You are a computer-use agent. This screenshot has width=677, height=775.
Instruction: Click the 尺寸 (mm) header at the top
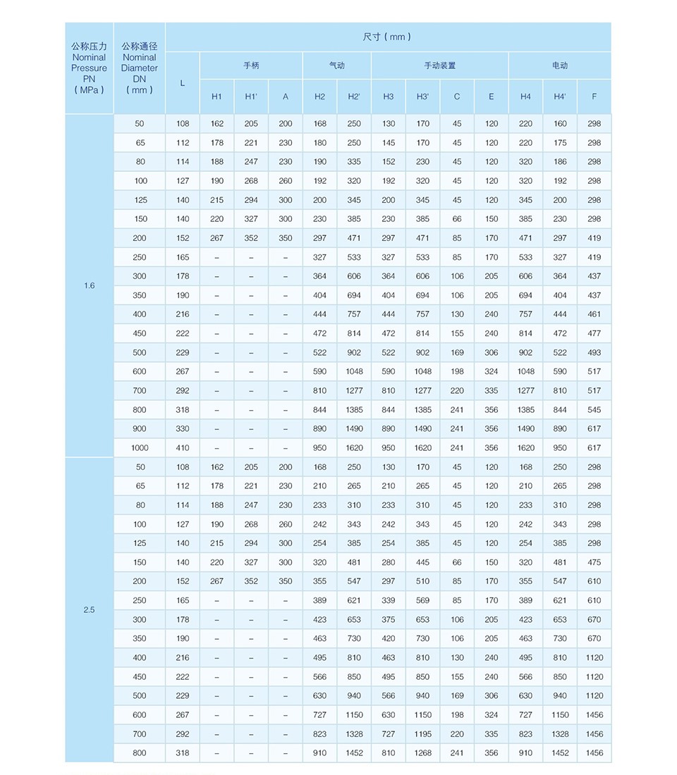point(387,37)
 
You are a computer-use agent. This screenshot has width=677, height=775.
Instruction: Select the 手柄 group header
point(251,66)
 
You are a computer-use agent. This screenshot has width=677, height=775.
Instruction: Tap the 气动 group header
point(337,66)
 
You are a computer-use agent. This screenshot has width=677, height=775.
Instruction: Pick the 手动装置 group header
point(439,66)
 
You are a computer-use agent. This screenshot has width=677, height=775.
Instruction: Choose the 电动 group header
point(560,66)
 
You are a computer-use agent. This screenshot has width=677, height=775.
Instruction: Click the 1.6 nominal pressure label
point(89,286)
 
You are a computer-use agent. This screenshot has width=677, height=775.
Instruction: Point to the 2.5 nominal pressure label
point(89,610)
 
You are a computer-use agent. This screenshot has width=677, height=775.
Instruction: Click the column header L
point(183,83)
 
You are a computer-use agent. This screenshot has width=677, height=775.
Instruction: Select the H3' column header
point(422,97)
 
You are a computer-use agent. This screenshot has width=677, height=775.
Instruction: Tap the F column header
point(594,97)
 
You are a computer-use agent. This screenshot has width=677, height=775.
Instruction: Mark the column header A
point(286,97)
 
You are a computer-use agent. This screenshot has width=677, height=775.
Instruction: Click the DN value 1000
point(140,448)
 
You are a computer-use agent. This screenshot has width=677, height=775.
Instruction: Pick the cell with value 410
point(183,448)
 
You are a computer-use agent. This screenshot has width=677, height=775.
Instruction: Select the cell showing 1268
point(422,753)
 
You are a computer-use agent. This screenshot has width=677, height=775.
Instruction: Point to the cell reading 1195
point(422,734)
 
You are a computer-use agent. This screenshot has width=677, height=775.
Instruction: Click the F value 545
point(594,410)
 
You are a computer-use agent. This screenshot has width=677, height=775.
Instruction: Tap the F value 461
point(594,314)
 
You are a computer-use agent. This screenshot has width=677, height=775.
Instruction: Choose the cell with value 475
point(594,562)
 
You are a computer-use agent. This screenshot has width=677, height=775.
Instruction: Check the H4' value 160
point(560,124)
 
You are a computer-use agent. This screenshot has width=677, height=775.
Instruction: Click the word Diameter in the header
point(140,68)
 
